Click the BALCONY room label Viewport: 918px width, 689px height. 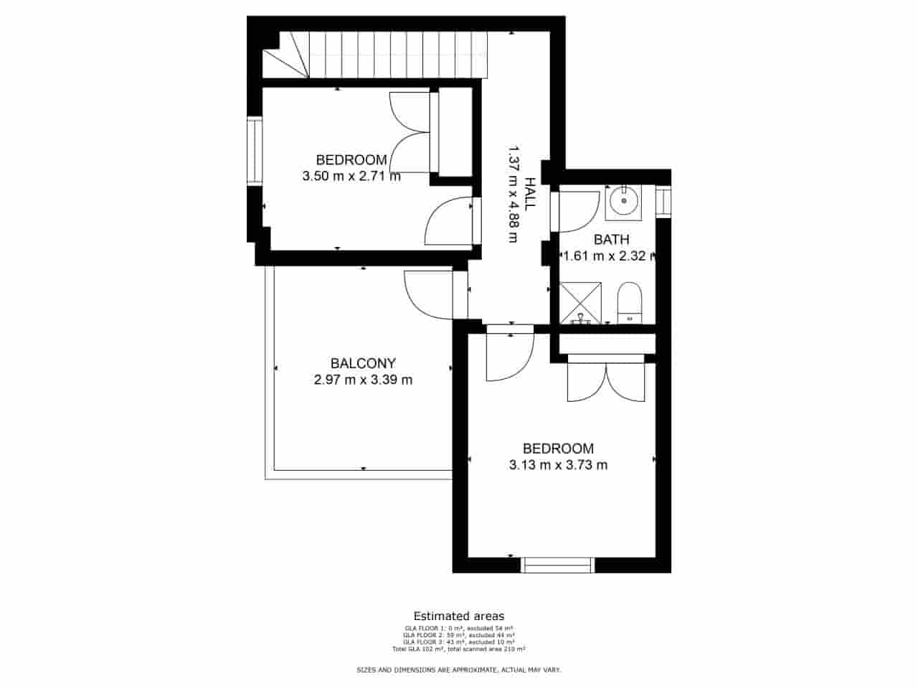(x=363, y=363)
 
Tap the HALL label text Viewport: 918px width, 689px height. (x=530, y=193)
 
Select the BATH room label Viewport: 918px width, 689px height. (x=611, y=240)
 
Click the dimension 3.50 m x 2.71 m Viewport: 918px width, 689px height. (x=351, y=176)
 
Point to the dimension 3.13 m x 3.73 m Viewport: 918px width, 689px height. (x=558, y=465)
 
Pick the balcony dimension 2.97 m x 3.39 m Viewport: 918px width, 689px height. (x=363, y=380)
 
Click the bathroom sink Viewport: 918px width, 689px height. (x=623, y=202)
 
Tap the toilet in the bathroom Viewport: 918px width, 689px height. (x=630, y=303)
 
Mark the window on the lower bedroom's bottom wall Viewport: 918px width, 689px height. (x=558, y=566)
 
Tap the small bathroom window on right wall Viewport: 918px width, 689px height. (x=663, y=200)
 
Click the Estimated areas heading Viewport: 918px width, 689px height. (x=458, y=616)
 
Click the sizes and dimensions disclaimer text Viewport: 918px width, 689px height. (x=459, y=670)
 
